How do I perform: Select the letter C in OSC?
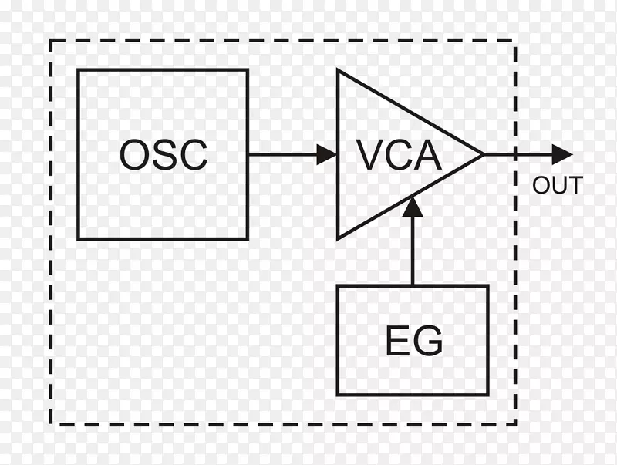(193, 155)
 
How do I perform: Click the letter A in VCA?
(427, 155)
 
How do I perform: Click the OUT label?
(557, 186)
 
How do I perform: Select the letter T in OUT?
(575, 186)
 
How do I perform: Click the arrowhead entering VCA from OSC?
(328, 154)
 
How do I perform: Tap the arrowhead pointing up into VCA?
(413, 206)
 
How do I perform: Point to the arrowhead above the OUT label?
(562, 154)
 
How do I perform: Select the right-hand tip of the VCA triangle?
(482, 154)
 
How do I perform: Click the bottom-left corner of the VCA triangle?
(339, 237)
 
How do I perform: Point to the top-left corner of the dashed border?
(51, 40)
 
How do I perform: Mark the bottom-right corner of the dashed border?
(515, 423)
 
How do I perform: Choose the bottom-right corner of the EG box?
(487, 395)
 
